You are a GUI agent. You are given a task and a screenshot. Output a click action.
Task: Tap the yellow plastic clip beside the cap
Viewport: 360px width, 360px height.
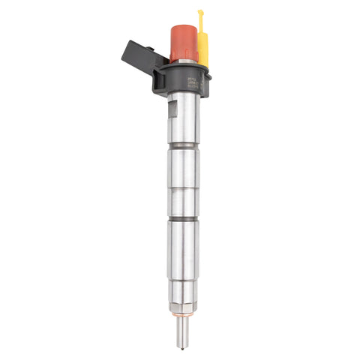tap(202, 45)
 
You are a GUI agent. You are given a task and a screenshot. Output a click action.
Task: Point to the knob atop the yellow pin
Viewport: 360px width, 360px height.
tap(200, 12)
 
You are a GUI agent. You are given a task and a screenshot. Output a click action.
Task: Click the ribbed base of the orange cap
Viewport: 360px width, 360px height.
tap(182, 55)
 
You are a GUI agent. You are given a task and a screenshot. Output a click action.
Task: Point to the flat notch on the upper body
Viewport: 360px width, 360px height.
tap(174, 112)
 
